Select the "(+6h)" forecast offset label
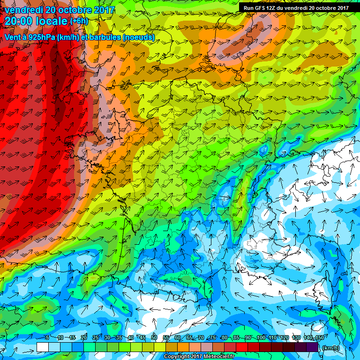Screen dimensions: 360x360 pos(79,21)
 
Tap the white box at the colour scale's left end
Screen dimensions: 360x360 pos(42,347)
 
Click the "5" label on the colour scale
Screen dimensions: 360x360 pos(47,338)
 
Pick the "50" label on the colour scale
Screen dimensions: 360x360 pos(154,338)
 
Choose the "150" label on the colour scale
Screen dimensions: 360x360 pos(319,338)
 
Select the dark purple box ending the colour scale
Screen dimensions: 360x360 pos(313,347)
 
